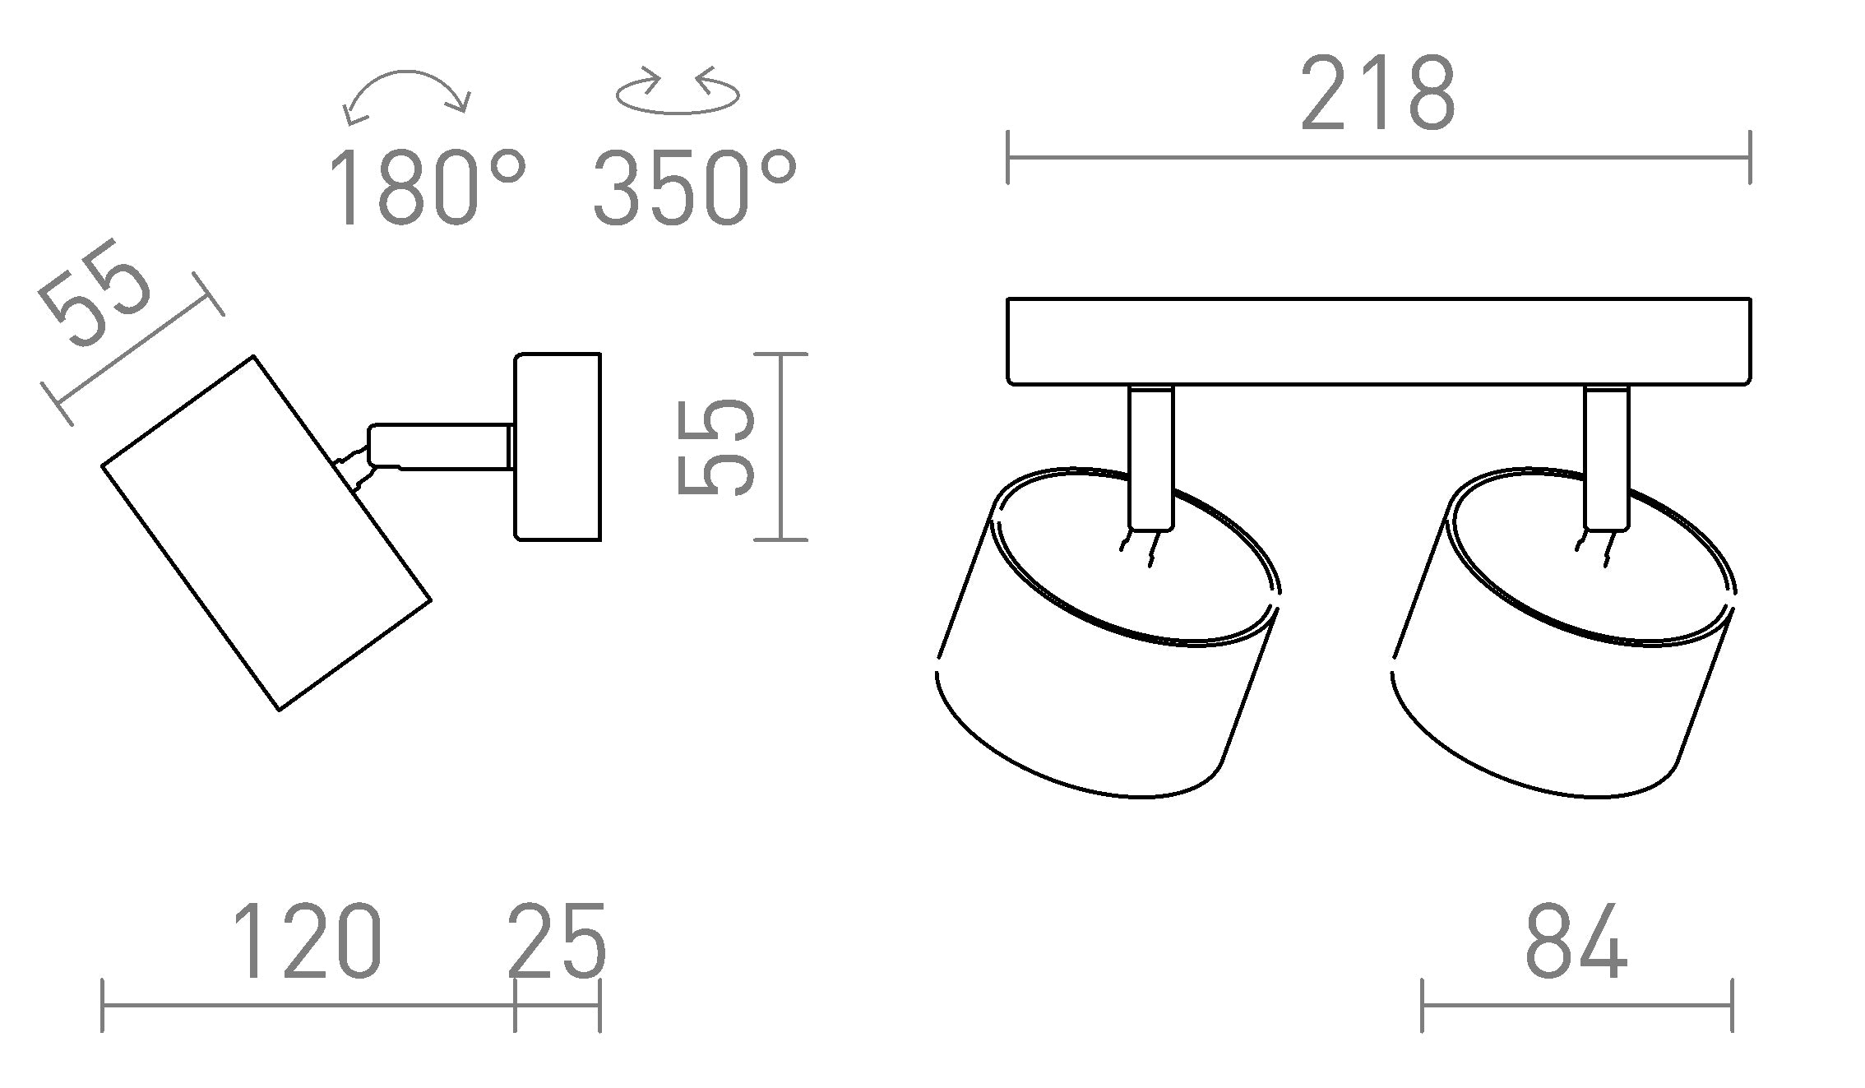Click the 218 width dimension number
[x=1377, y=94]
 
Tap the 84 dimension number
[x=1576, y=942]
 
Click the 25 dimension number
[x=557, y=942]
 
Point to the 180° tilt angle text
[x=425, y=188]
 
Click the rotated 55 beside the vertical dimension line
[x=715, y=447]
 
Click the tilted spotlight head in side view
[x=266, y=533]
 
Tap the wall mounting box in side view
[x=558, y=447]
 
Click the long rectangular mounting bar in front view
[x=1378, y=341]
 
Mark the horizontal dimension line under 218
[x=1378, y=157]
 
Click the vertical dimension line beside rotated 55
[x=780, y=447]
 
